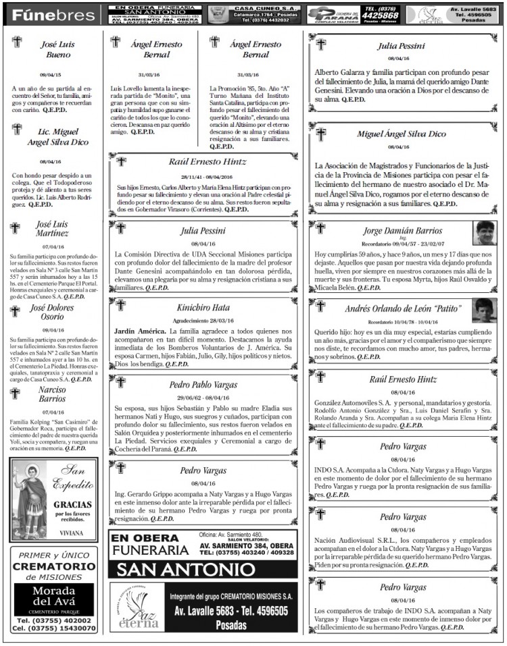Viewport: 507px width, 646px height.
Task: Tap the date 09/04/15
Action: (51, 76)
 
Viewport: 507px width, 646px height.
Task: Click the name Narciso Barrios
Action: (52, 394)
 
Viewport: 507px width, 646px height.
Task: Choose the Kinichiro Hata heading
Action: (203, 308)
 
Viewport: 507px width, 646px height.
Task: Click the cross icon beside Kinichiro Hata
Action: (121, 305)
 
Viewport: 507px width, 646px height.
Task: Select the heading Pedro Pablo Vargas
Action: (203, 385)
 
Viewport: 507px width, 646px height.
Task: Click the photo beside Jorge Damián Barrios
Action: (484, 233)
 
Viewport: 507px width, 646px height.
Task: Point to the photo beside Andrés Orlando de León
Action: (484, 310)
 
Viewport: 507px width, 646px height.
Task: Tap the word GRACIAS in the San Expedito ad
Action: (73, 504)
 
